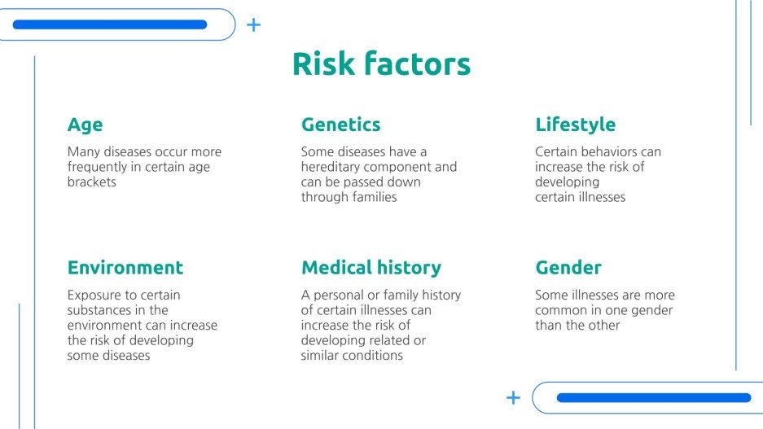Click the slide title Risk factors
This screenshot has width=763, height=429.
[381, 64]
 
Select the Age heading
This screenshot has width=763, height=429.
[85, 125]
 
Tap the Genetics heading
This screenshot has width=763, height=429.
[340, 125]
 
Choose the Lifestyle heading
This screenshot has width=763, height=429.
[575, 125]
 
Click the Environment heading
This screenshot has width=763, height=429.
[125, 268]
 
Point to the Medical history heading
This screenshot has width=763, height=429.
[371, 268]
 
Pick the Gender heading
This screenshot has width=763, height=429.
[568, 268]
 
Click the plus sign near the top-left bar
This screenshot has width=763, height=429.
[253, 24]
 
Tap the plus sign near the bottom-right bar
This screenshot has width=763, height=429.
[513, 397]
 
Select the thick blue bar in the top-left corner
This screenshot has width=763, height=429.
[110, 24]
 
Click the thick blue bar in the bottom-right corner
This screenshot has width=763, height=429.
[653, 398]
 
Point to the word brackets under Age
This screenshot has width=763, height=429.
[91, 182]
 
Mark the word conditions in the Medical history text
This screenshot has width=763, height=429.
[373, 356]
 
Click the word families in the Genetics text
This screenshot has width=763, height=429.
[374, 197]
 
